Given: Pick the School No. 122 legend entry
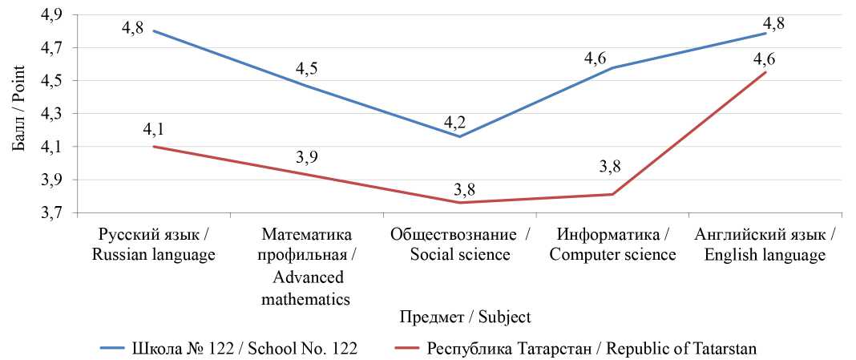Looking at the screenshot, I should tap(228, 348).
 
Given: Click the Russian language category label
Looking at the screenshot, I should tap(154, 245).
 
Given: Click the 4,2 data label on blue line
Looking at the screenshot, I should tap(455, 123).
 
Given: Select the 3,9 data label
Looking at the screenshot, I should tap(307, 157).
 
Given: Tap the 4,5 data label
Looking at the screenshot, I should tap(307, 69).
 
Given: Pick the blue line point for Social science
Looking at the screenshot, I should tap(460, 136).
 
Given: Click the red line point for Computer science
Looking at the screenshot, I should tap(613, 194).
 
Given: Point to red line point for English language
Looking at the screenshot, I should tap(766, 72).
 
